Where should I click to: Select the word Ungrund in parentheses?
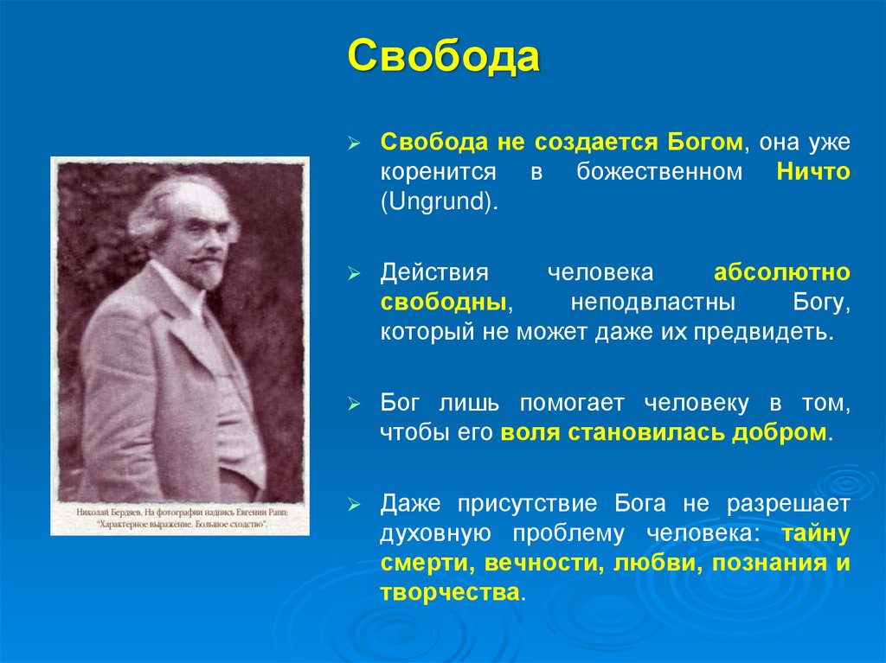click(x=438, y=201)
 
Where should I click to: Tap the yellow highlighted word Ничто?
click(x=813, y=171)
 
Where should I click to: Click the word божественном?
click(x=659, y=171)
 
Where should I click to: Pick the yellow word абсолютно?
click(x=782, y=272)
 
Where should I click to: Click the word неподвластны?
click(x=653, y=303)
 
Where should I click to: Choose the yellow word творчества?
click(x=450, y=593)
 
